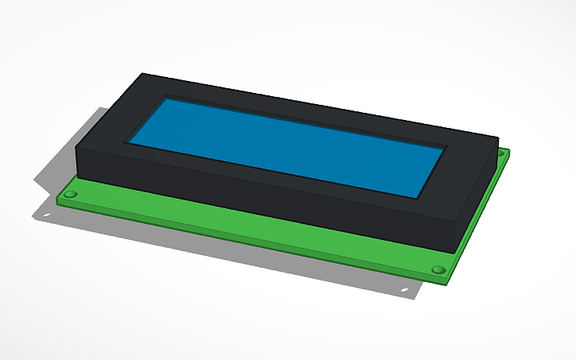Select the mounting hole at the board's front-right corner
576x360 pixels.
(437, 270)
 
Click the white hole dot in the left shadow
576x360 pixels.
(46, 215)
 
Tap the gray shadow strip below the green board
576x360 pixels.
(238, 254)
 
